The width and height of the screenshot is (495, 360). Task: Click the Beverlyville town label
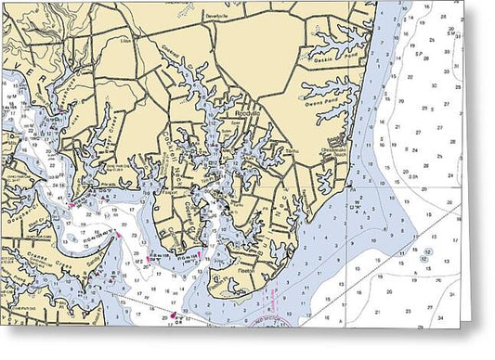coord(215,18)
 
